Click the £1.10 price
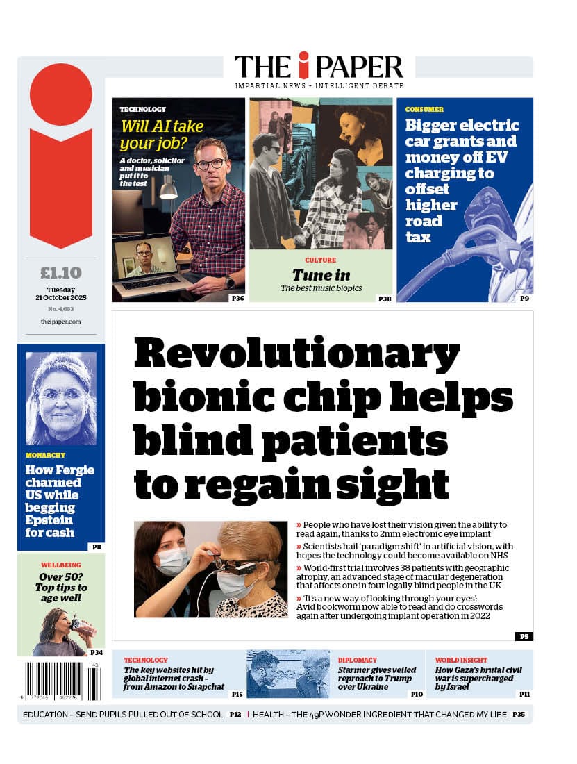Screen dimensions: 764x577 pos(61,272)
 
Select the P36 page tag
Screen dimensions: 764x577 pos(237,298)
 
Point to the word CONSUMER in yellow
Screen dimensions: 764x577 pos(424,110)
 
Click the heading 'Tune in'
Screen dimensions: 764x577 pos(321,275)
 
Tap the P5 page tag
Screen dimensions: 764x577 pos(524,636)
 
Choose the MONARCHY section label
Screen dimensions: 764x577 pos(46,456)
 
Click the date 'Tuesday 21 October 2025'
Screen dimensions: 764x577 pos(61,294)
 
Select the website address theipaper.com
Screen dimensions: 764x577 pos(61,322)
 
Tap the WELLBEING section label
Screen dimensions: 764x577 pos(61,565)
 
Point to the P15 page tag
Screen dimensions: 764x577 pos(237,694)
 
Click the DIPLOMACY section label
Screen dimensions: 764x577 pos(358,661)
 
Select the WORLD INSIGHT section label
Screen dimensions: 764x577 pos(461,661)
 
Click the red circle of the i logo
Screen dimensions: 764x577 pos(61,94)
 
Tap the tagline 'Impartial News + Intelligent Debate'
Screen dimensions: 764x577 pos(319,85)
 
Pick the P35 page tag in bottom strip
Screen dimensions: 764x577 pos(519,714)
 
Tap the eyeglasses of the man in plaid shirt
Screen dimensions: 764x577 pos(210,164)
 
